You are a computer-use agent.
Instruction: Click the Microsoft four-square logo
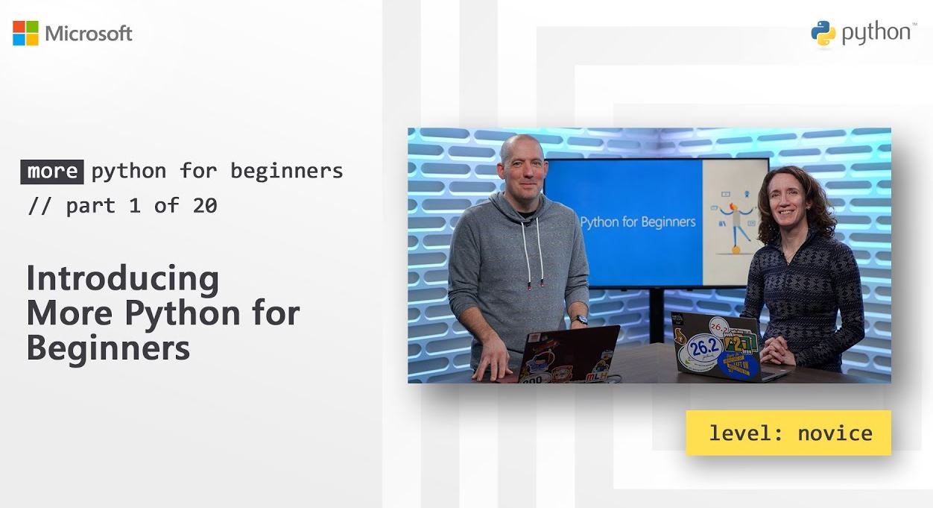click(x=25, y=33)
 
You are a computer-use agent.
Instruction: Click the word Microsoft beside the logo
click(x=89, y=34)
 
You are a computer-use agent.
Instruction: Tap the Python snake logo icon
click(x=823, y=34)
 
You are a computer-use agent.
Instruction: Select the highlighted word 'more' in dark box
click(x=51, y=172)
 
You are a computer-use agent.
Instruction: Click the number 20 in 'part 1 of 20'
click(x=204, y=206)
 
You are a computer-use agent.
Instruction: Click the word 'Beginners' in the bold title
click(x=108, y=348)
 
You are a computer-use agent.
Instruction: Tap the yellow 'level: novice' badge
click(x=788, y=433)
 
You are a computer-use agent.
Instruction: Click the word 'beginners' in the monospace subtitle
click(x=287, y=171)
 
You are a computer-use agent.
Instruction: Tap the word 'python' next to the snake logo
click(x=875, y=34)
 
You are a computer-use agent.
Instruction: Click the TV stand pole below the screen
click(x=656, y=313)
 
